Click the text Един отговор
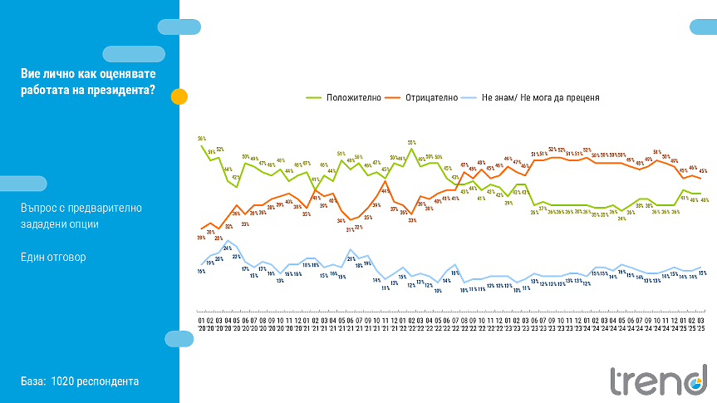point(53,257)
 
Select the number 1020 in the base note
point(63,381)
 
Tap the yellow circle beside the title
point(179,96)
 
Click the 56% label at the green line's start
point(202,138)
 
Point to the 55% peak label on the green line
point(411,142)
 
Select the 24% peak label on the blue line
point(227,248)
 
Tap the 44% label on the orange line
point(385,191)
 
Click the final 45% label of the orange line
point(703,170)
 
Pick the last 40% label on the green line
point(704,200)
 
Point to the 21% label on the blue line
point(351,259)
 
